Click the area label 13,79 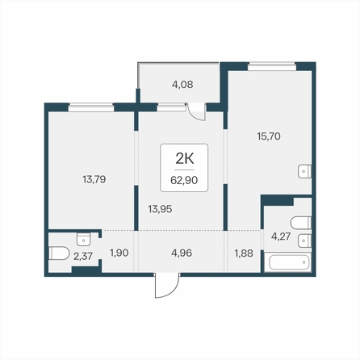click(x=94, y=179)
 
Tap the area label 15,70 click(x=269, y=136)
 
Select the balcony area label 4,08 click(x=182, y=85)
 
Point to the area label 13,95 click(x=160, y=209)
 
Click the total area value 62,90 click(x=184, y=180)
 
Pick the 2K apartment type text click(x=185, y=159)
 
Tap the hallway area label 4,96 click(x=182, y=253)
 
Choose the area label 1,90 click(x=119, y=253)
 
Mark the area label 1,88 click(x=244, y=253)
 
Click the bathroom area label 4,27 click(x=281, y=237)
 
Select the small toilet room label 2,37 click(x=83, y=256)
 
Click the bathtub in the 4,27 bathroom click(x=287, y=262)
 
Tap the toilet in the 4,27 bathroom click(x=301, y=223)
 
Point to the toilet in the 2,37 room click(x=59, y=253)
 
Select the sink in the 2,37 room click(x=83, y=239)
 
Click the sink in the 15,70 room click(x=304, y=171)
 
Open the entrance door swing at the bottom click(x=167, y=286)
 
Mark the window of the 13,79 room click(x=91, y=107)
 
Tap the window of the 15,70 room click(x=272, y=66)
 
